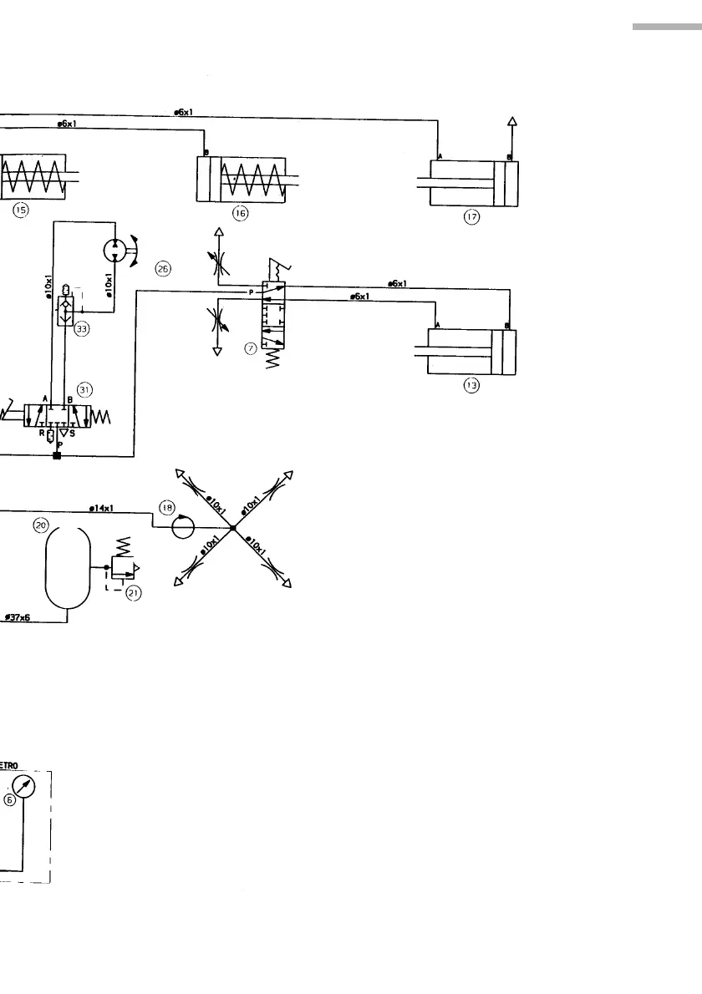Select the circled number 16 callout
pyautogui.click(x=241, y=214)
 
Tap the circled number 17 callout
pyautogui.click(x=471, y=217)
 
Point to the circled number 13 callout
pyautogui.click(x=471, y=386)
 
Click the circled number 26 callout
pyautogui.click(x=163, y=268)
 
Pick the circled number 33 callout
pyautogui.click(x=82, y=329)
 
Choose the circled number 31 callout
pyautogui.click(x=84, y=388)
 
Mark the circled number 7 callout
pyautogui.click(x=249, y=348)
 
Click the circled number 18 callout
pyautogui.click(x=167, y=506)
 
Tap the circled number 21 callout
pyautogui.click(x=132, y=593)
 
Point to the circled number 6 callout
pyautogui.click(x=10, y=799)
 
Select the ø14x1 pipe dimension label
pyautogui.click(x=102, y=507)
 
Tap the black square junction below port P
pyautogui.click(x=56, y=455)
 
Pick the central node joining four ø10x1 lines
pyautogui.click(x=233, y=528)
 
